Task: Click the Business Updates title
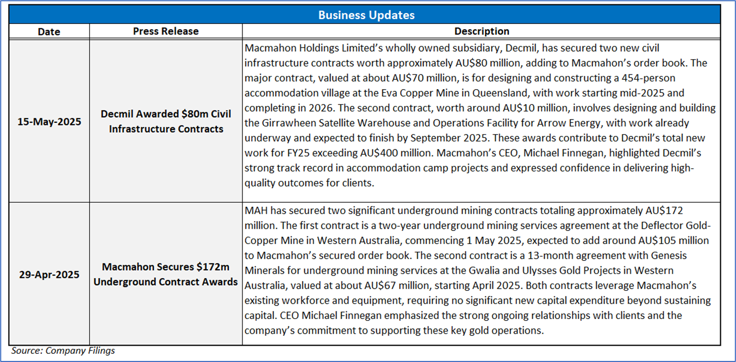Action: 367,15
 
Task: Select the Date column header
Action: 49,32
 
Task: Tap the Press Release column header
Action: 166,32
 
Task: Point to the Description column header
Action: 482,32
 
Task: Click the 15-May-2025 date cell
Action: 49,121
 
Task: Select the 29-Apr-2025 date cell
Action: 49,274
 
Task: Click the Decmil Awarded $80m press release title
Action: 166,122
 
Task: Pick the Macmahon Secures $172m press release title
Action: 166,274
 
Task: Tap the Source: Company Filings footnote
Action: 63,351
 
